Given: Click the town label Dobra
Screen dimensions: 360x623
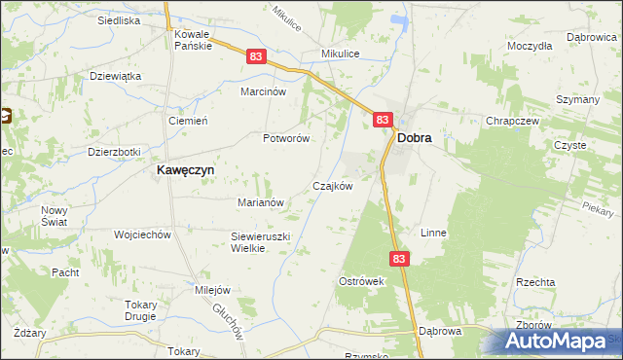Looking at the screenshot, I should tap(415, 139).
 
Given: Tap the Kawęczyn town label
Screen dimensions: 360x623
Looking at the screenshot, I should tap(186, 169).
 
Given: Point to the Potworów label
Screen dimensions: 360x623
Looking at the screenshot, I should tap(286, 138).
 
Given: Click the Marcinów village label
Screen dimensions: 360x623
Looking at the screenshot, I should tap(263, 91).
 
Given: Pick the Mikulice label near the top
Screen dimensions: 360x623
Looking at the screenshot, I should tap(342, 54).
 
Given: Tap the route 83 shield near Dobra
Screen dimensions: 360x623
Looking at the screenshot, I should tap(383, 120).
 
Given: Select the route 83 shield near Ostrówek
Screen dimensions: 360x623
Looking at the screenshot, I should tap(401, 259).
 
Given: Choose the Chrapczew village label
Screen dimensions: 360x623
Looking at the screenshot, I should tap(512, 121).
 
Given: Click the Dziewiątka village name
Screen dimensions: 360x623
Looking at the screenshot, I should tap(116, 76).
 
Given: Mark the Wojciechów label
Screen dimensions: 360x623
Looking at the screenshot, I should tap(142, 234).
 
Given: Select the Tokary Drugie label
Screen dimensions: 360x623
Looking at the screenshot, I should tap(141, 309).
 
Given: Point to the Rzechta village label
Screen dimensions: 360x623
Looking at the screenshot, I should tap(536, 281).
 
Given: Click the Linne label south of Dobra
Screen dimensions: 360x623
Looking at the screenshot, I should tap(433, 234).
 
